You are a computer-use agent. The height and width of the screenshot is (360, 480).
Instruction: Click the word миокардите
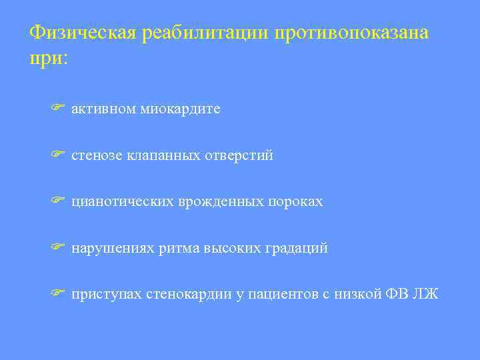pos(180,109)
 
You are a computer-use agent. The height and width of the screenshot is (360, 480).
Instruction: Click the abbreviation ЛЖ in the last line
pos(427,295)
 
